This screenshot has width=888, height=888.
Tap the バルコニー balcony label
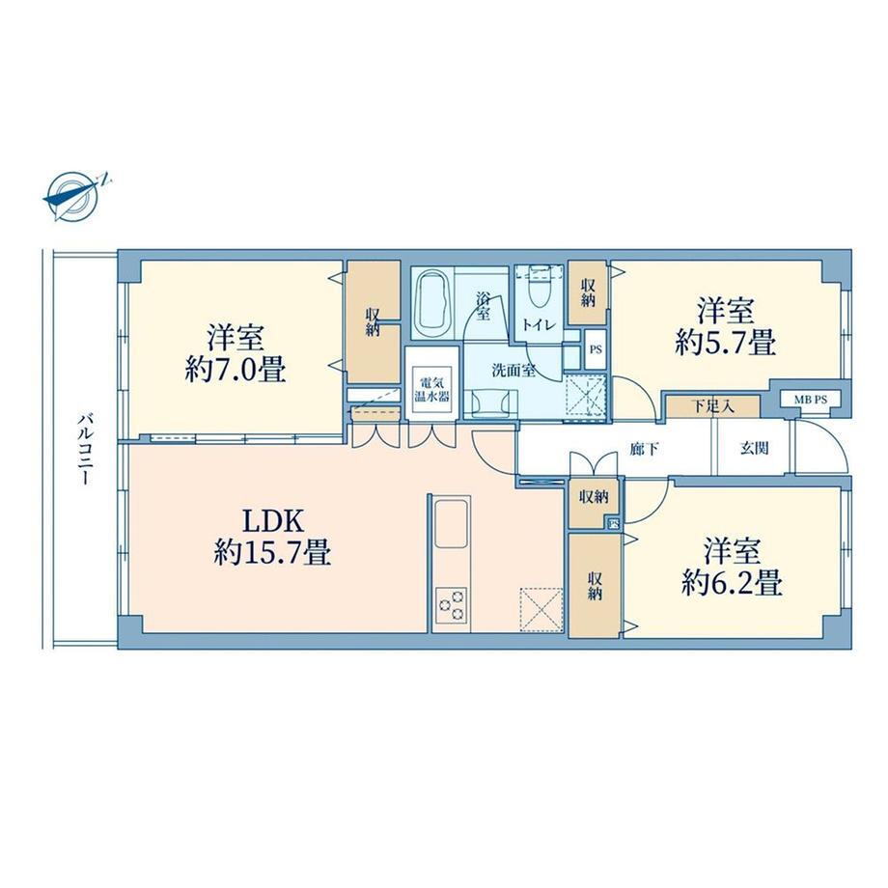coord(85,449)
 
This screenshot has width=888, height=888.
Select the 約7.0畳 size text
coord(236,371)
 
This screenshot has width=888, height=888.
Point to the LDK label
coord(273,521)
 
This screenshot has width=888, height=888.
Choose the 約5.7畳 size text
coord(726,343)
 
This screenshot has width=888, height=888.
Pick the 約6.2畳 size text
coord(733,582)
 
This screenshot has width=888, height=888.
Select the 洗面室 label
coord(513,371)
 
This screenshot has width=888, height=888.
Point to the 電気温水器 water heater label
coord(432,389)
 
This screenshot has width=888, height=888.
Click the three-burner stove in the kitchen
coord(452,604)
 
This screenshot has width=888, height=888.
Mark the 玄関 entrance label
coord(755,448)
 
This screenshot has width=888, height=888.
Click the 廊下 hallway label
coord(645,449)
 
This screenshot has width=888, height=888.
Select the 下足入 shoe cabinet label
coord(713,406)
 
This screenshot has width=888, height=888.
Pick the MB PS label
coord(810,400)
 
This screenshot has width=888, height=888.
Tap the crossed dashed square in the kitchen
coord(541,609)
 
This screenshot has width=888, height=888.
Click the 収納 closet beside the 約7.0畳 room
coord(373,321)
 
